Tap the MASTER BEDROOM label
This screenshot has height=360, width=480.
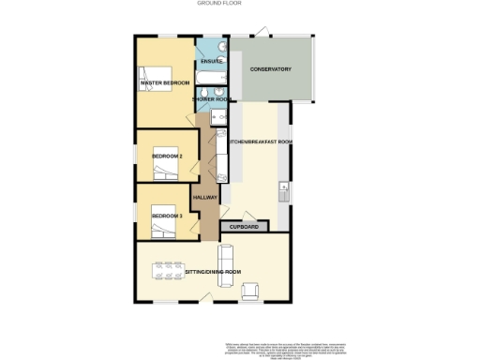pyautogui.click(x=165, y=83)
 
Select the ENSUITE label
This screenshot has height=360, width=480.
pyautogui.click(x=212, y=62)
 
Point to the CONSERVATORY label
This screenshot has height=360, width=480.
pyautogui.click(x=270, y=69)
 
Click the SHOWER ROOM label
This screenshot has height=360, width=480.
pyautogui.click(x=212, y=98)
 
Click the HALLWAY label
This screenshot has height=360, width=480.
pyautogui.click(x=204, y=197)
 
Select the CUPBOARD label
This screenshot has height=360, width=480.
pyautogui.click(x=244, y=226)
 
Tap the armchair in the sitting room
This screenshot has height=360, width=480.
pyautogui.click(x=250, y=292)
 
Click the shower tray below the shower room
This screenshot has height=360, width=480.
pyautogui.click(x=217, y=115)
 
